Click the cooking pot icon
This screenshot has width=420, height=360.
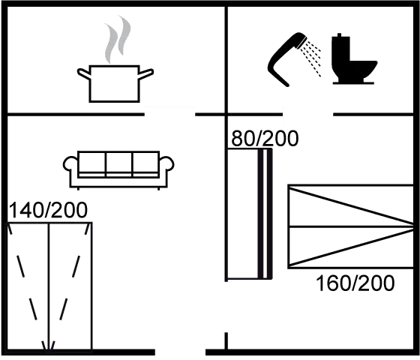(x=115, y=83)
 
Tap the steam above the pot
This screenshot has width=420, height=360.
(x=117, y=40)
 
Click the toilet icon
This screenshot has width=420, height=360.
(x=353, y=59)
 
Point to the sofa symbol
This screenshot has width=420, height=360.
(x=118, y=170)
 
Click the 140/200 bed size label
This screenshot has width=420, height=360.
(x=48, y=210)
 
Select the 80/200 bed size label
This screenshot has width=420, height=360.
(x=265, y=139)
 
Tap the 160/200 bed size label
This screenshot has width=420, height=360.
(x=355, y=283)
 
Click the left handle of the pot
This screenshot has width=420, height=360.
(x=83, y=73)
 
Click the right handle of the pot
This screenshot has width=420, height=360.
(x=146, y=73)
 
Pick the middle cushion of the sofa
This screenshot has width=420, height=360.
(x=119, y=162)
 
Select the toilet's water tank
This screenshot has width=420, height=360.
(x=340, y=48)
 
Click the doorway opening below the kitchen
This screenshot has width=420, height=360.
(x=169, y=114)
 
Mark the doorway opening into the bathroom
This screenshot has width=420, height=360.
(x=308, y=114)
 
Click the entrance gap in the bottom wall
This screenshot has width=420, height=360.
(x=180, y=352)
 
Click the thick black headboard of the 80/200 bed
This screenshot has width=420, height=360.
(x=265, y=214)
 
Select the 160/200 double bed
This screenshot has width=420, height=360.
(x=351, y=226)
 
